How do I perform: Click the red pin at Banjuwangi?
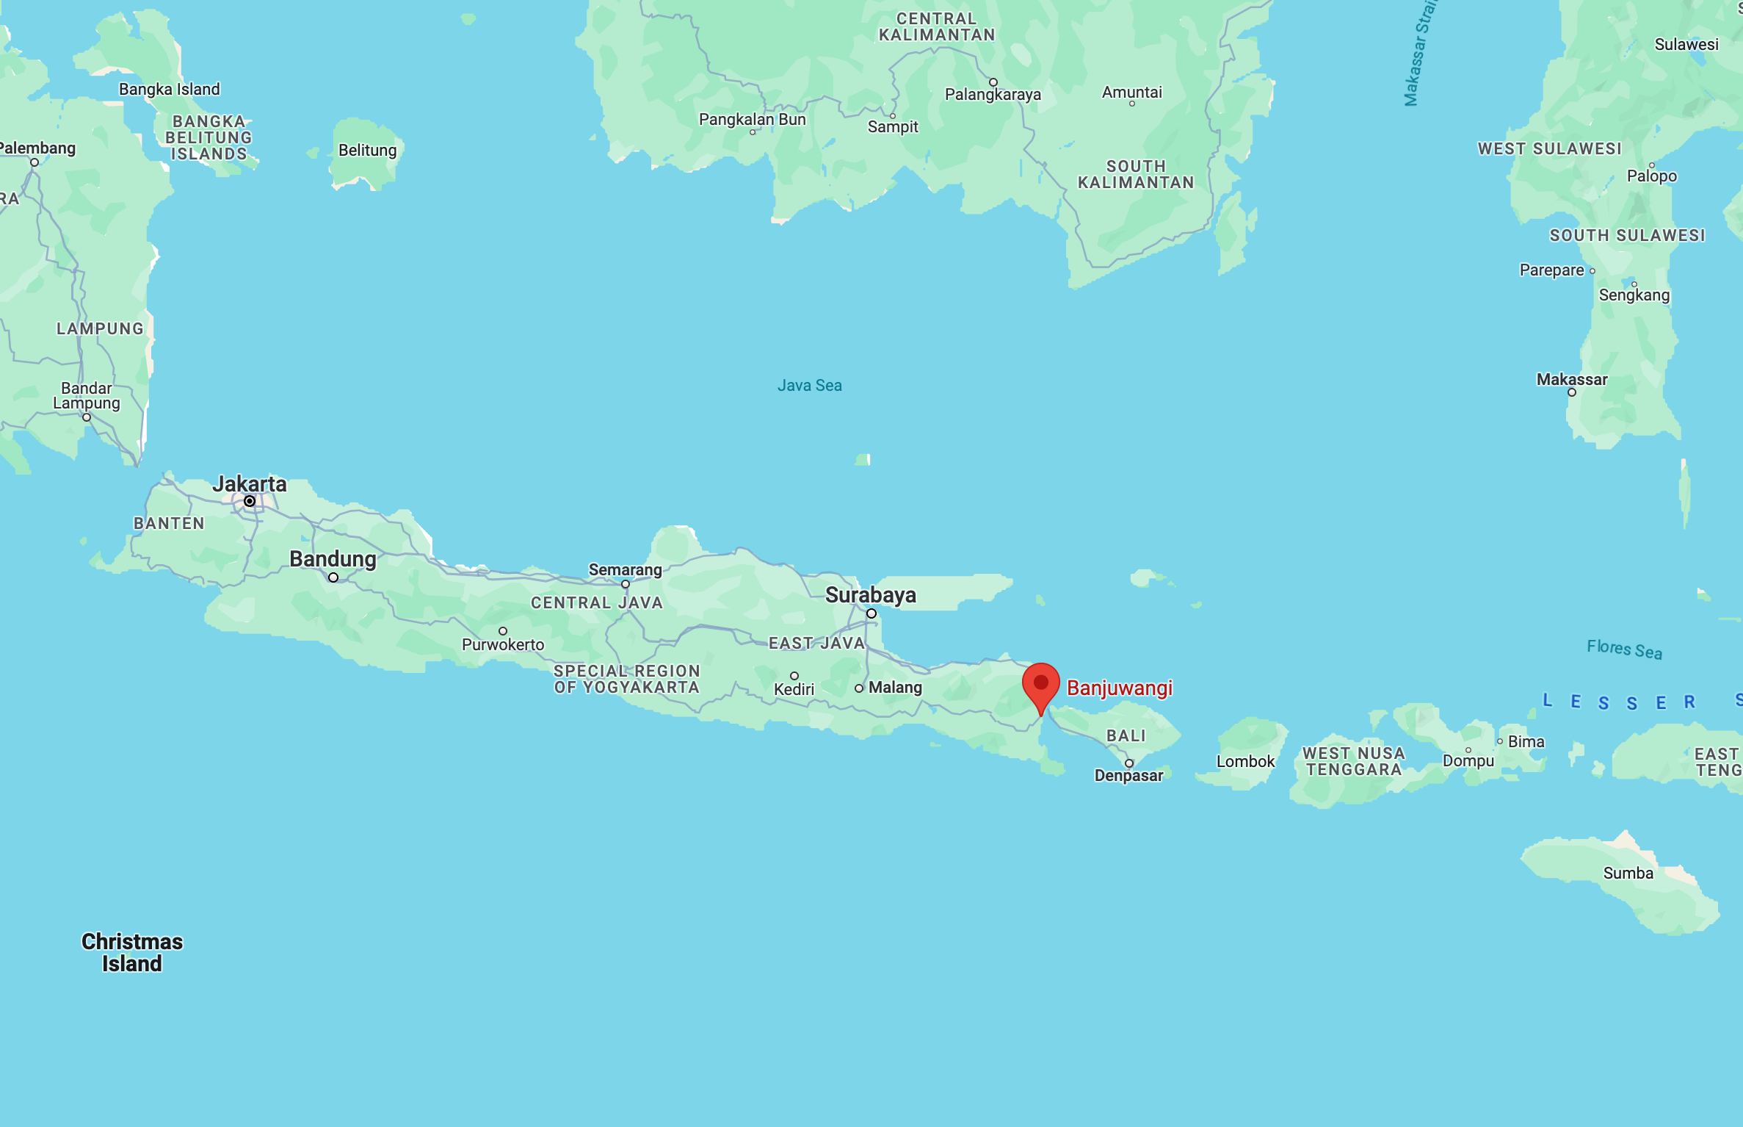tap(1040, 685)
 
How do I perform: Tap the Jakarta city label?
tap(250, 484)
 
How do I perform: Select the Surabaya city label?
tap(870, 595)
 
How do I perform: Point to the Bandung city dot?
tap(333, 577)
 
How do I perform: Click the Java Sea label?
tap(809, 386)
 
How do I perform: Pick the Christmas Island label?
tap(132, 952)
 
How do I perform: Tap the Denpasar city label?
tap(1128, 776)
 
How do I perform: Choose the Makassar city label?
tap(1572, 380)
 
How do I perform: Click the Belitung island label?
tap(367, 151)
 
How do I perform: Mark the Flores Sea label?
tap(1624, 649)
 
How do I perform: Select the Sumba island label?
tap(1628, 874)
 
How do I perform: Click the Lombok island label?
tap(1245, 762)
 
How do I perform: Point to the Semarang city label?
tap(625, 570)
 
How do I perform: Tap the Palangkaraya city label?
tap(993, 95)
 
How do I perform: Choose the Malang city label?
tap(895, 688)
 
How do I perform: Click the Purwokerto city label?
tap(503, 645)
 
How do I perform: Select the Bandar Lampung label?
tap(87, 396)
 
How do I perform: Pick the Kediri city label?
tap(794, 690)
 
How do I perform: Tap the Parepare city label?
tap(1551, 270)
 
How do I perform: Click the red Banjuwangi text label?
tap(1120, 688)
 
